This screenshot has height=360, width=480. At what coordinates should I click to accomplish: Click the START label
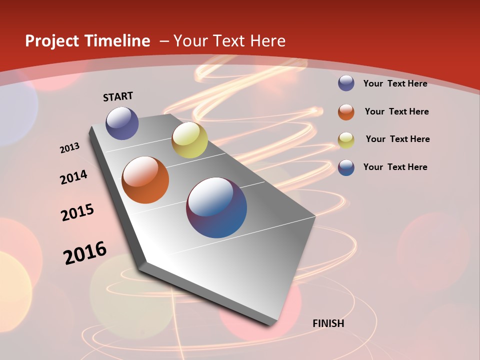[x=118, y=96]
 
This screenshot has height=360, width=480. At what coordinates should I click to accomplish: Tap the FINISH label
[x=328, y=323]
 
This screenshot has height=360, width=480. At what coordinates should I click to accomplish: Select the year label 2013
[x=70, y=148]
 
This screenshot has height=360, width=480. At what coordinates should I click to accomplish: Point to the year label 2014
[x=74, y=177]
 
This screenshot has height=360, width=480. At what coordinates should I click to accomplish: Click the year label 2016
[x=85, y=252]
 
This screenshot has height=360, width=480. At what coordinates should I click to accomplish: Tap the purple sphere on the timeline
[x=122, y=123]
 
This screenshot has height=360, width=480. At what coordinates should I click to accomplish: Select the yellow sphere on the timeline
[x=189, y=140]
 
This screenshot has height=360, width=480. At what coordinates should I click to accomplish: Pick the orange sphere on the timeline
[x=145, y=180]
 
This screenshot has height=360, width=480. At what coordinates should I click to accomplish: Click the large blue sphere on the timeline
[x=216, y=207]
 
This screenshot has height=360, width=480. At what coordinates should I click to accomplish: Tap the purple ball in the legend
[x=346, y=83]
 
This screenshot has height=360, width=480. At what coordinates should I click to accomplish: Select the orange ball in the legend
[x=346, y=112]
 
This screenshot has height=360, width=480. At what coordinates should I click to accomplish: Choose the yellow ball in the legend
[x=346, y=140]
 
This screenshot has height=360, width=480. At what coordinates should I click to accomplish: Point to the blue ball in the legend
[x=346, y=167]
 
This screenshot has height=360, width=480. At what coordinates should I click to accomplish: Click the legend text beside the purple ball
[x=395, y=83]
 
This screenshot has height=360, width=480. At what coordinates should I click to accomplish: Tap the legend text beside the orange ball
[x=396, y=111]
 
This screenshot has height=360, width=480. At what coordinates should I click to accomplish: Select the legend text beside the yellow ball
[x=397, y=139]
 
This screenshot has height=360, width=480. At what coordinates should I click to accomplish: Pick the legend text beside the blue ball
[x=395, y=167]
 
